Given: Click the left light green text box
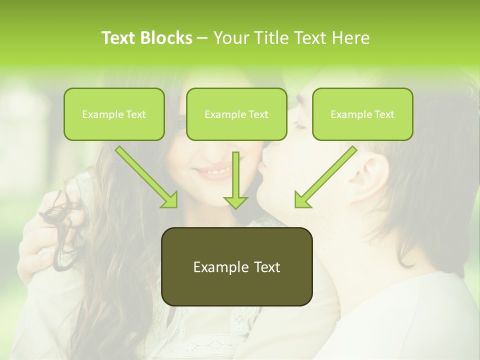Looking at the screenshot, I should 114,114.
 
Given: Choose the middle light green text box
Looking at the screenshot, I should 236,114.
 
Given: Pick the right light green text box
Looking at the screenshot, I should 362,114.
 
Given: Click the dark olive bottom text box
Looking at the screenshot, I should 236,266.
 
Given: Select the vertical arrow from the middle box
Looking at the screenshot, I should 235,180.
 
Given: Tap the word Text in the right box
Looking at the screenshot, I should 384,114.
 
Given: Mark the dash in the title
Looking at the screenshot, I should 202,38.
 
